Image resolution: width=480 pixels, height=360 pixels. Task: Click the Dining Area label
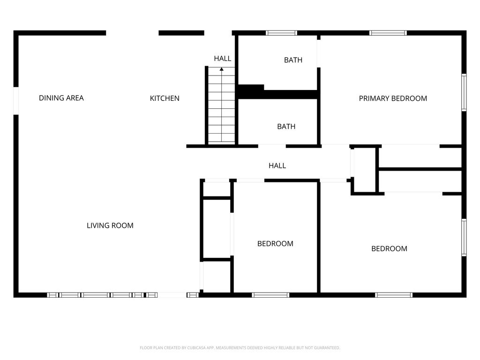(x=61, y=98)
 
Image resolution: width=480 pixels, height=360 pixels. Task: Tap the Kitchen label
(x=165, y=98)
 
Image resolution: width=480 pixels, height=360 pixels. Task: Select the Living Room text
(x=110, y=225)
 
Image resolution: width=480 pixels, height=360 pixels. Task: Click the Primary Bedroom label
(x=393, y=98)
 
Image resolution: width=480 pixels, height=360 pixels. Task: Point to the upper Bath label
(x=293, y=60)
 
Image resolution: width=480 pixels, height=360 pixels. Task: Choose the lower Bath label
(x=286, y=127)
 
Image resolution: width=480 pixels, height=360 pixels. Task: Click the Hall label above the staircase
(x=223, y=59)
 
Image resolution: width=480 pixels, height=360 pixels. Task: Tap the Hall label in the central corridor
(x=277, y=165)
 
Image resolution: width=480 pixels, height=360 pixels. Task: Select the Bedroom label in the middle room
(x=275, y=244)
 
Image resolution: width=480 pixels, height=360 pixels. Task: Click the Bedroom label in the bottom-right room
(x=389, y=249)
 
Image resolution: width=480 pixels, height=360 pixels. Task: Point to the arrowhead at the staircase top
(x=222, y=69)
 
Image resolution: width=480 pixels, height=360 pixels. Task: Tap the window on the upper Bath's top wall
(x=281, y=33)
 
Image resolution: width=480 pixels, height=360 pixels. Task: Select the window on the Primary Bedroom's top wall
(x=388, y=33)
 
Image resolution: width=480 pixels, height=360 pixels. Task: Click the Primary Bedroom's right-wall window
(x=464, y=92)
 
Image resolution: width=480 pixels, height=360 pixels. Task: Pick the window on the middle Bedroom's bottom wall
(x=270, y=295)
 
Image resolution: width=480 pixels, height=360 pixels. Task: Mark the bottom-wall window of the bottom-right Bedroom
(x=394, y=295)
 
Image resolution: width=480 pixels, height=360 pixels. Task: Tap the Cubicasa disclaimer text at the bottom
(x=240, y=348)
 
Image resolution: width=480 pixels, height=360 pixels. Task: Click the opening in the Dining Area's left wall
(x=16, y=100)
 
